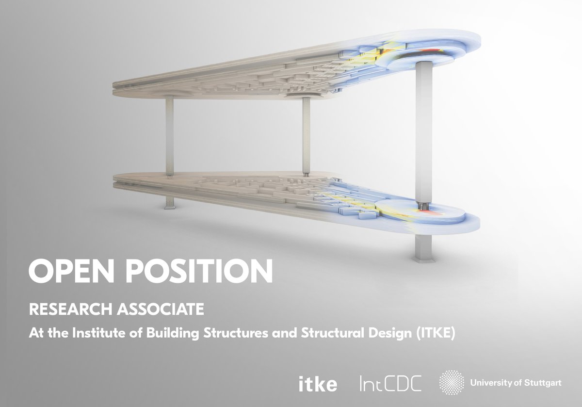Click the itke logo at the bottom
point(318,384)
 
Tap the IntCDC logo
point(390,384)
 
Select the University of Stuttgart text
point(516,383)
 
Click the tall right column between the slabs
point(423,131)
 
